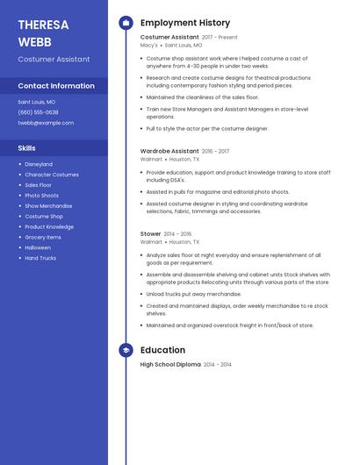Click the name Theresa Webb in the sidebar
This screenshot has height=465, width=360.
pos(40,32)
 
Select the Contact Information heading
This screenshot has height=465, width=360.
pos(56,86)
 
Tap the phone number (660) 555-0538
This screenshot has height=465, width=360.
pos(38,112)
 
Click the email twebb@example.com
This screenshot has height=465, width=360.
pos(46,123)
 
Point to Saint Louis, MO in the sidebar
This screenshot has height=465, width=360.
pos(37,102)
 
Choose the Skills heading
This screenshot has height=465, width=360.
pos(27,148)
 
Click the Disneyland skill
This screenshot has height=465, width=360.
pos(39,164)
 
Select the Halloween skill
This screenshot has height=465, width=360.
pos(38,247)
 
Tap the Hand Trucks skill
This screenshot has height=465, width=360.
pos(40,258)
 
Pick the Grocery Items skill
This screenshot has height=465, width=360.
pos(43,237)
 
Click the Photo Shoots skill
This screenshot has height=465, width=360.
pos(41,196)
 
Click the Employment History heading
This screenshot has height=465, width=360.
pos(185,23)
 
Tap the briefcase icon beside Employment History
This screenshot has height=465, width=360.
pos(126,23)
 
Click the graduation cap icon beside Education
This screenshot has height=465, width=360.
pos(126,350)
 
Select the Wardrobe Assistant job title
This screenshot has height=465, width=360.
pos(169,151)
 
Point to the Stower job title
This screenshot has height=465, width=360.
pos(150,234)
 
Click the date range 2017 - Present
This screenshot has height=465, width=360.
pos(220,38)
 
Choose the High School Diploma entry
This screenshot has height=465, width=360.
pos(170,364)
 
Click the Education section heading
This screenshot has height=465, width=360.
pos(162,350)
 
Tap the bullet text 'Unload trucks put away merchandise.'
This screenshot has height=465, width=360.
pos(193,294)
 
